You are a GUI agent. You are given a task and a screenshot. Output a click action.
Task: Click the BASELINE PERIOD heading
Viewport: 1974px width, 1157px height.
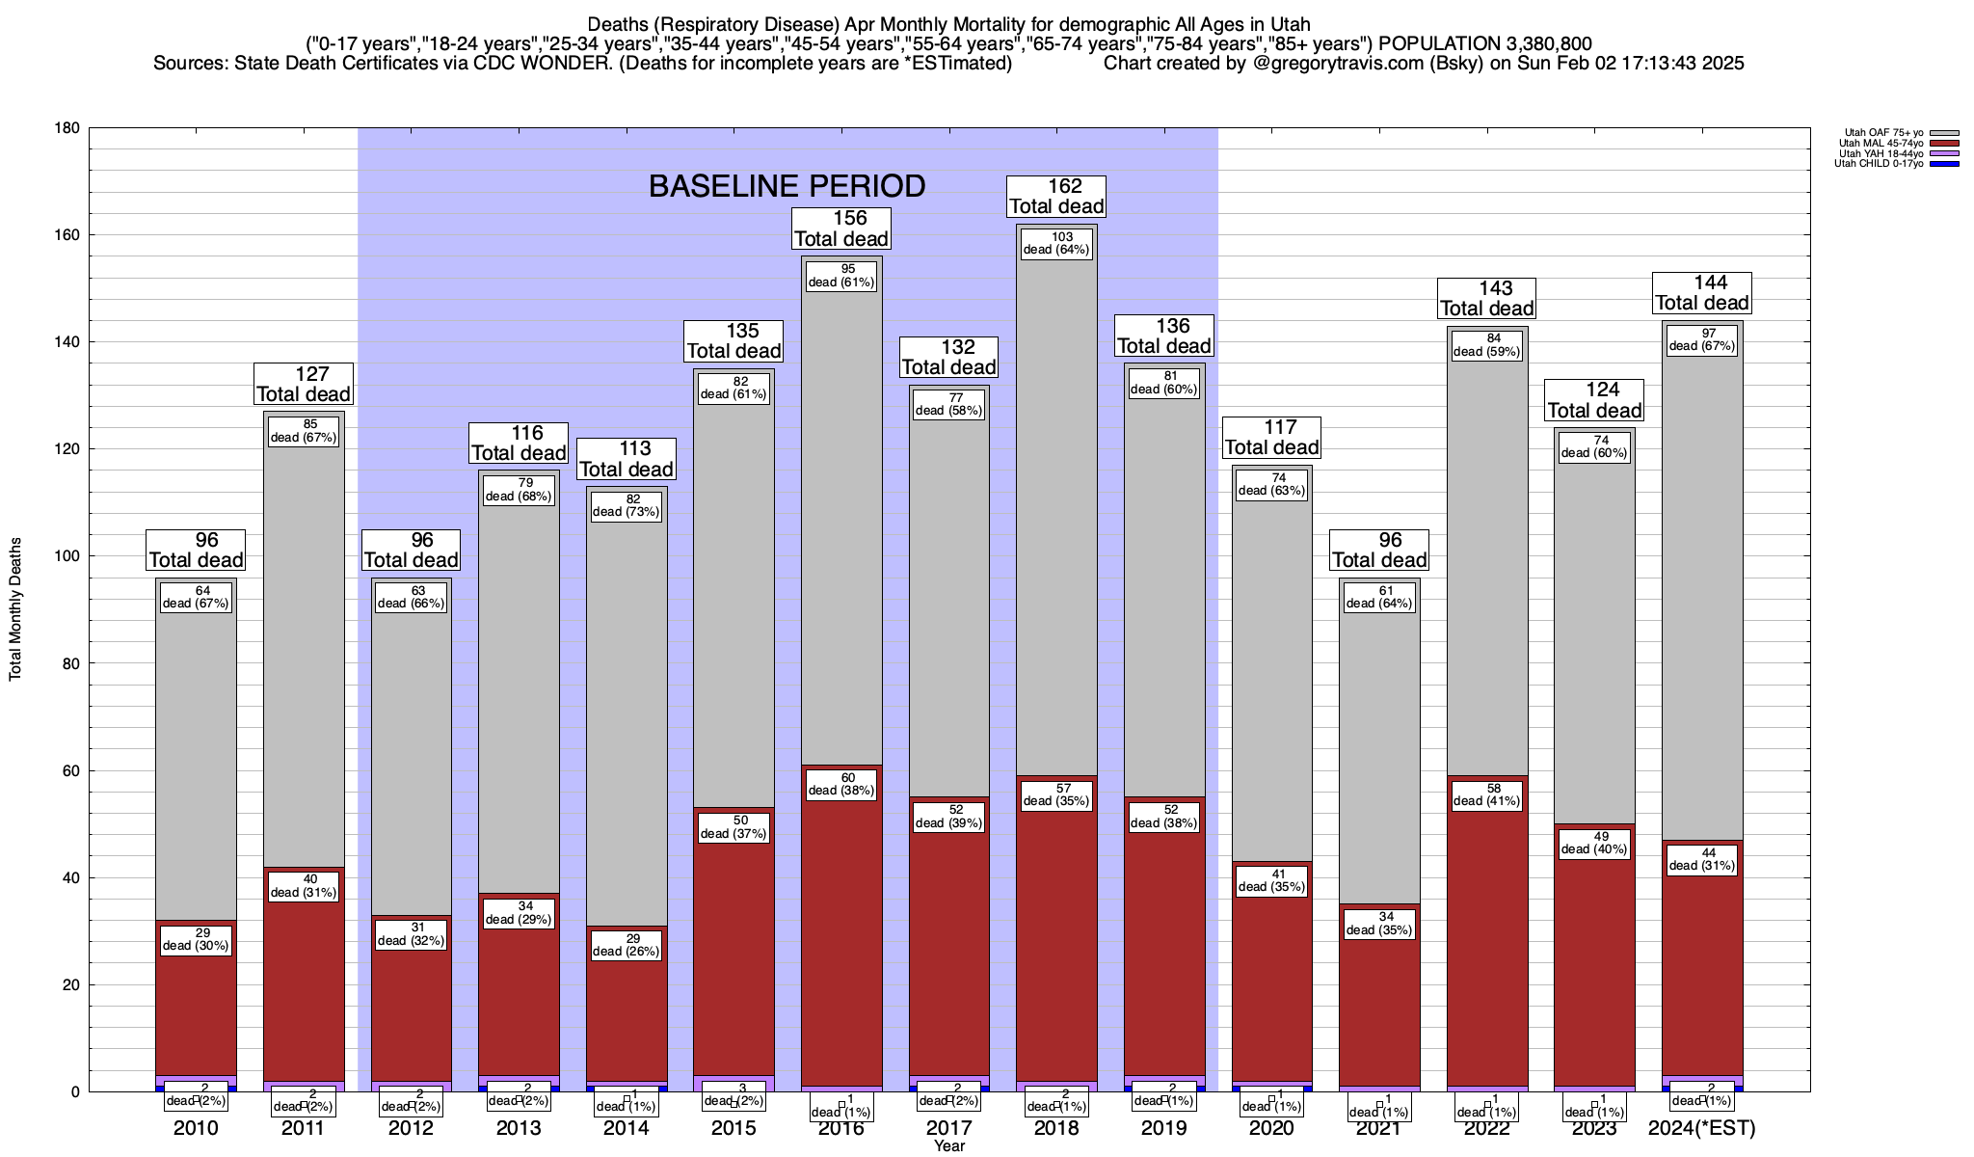787,186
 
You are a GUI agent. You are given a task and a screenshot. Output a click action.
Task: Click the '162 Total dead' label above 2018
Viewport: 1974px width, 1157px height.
1056,197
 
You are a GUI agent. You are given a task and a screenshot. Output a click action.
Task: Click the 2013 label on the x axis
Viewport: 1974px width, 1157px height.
519,1128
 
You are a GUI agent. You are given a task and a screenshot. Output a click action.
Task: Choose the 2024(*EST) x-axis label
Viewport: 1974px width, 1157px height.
1702,1128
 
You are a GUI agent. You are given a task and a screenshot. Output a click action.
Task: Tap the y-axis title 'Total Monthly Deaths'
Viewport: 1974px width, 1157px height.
15,609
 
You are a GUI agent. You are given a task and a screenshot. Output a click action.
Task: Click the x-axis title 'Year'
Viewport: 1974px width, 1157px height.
948,1146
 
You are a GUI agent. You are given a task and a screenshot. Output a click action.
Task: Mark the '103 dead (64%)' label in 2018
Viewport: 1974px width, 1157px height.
1056,243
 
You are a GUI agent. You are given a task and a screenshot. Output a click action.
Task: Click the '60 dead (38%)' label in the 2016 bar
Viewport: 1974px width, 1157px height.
841,784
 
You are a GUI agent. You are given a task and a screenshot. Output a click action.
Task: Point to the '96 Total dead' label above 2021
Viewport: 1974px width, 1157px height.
1379,551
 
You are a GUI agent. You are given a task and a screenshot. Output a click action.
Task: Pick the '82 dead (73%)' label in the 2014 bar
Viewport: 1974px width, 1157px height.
627,505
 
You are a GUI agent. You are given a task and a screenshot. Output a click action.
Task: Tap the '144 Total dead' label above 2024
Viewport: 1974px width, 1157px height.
1702,293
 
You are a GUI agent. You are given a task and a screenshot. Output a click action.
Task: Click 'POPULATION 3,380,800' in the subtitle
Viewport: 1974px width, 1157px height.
1485,43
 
